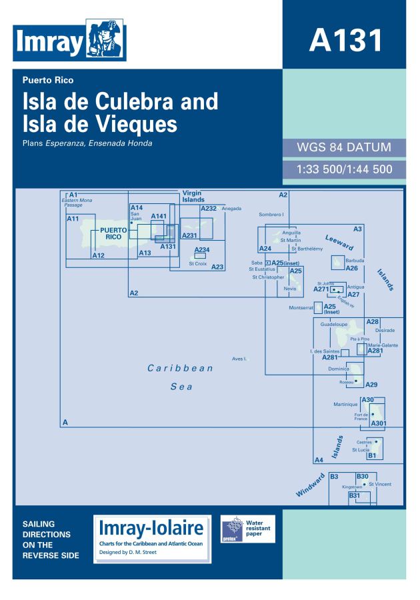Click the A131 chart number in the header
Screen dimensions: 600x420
345,39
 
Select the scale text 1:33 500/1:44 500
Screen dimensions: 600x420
344,169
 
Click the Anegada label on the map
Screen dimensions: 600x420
231,209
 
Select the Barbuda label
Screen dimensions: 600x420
355,261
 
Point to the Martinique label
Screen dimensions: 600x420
346,404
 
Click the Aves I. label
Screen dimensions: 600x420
239,359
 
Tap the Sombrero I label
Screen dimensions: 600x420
271,215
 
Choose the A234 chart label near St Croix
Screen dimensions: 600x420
201,250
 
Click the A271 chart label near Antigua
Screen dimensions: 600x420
322,290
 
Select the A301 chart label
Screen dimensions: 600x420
379,423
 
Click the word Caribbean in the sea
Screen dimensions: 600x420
180,368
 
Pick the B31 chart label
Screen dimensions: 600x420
355,495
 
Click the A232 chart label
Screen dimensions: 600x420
209,209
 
